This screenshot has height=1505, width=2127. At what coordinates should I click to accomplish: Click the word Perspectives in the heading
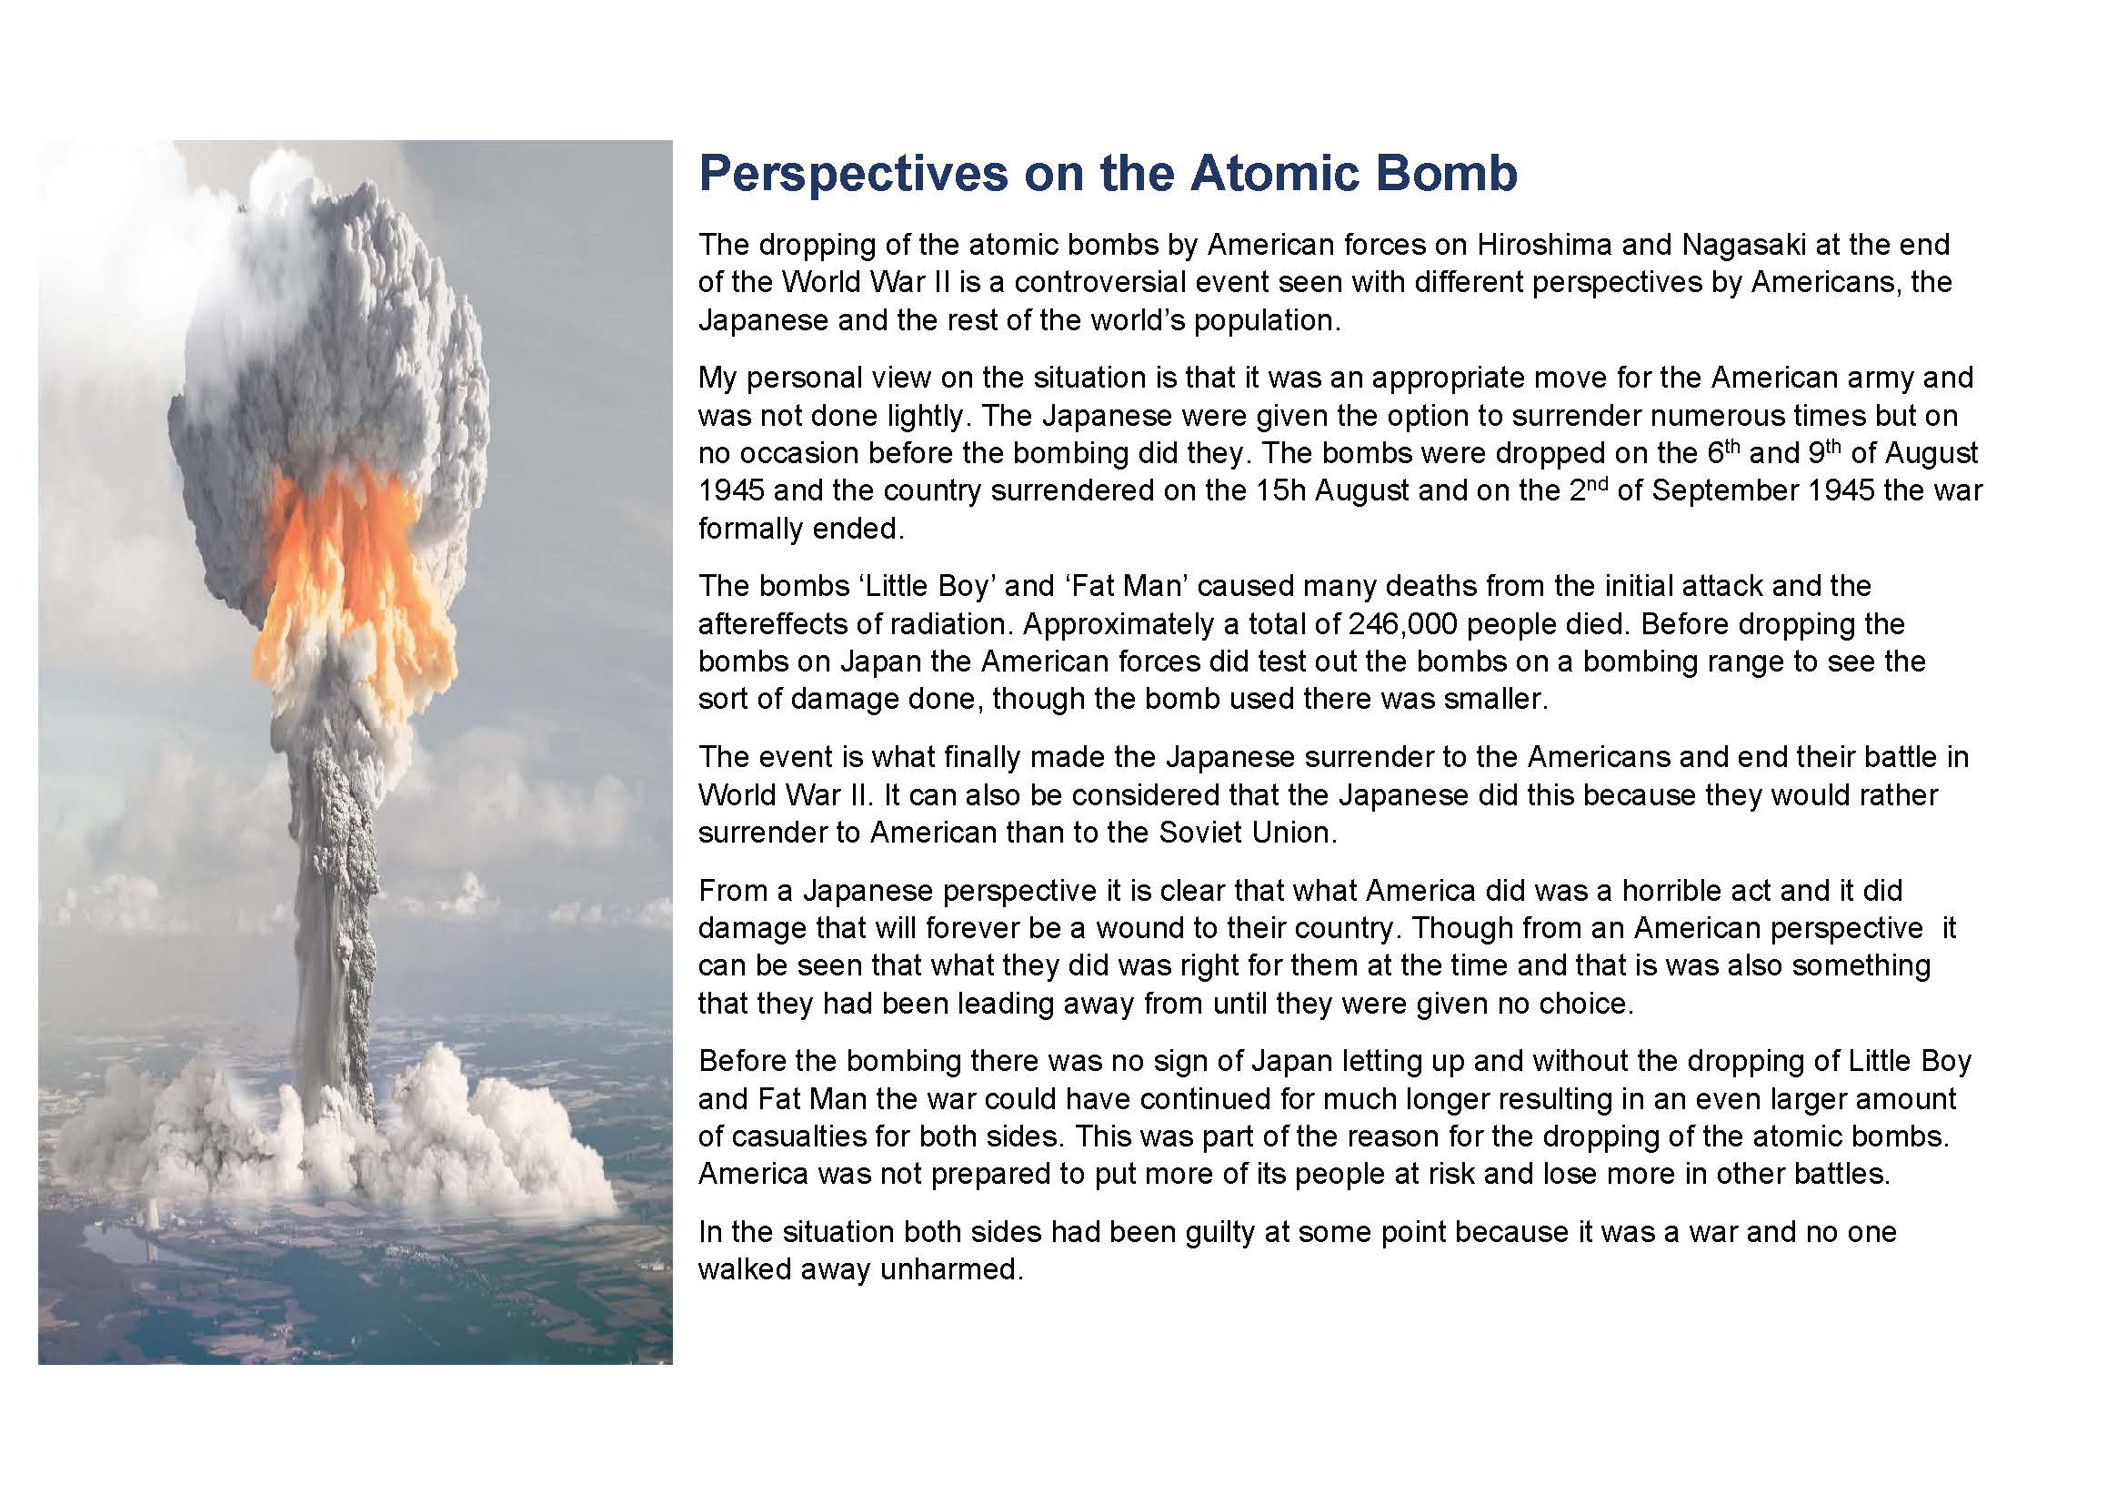tap(852, 173)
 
